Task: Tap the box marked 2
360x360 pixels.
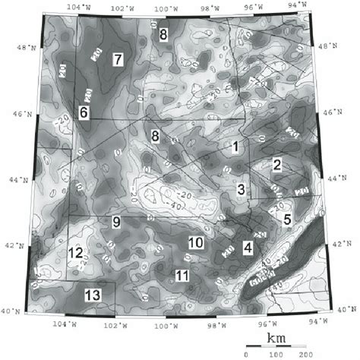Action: (x=278, y=165)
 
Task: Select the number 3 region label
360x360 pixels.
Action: (x=241, y=189)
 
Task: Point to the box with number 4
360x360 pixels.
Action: (x=248, y=247)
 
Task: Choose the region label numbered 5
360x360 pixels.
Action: (x=287, y=220)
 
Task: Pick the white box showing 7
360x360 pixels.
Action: (x=118, y=58)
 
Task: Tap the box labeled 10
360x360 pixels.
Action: (x=195, y=243)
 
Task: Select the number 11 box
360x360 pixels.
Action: (x=182, y=275)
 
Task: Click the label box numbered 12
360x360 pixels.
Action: (x=75, y=253)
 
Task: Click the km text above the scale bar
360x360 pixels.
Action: (x=274, y=337)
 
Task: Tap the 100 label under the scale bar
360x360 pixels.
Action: (x=276, y=353)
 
